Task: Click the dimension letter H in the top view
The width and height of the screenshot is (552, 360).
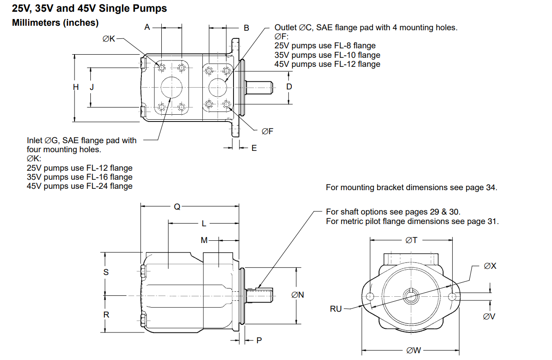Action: click(76, 87)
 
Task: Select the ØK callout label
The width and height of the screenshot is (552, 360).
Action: click(109, 39)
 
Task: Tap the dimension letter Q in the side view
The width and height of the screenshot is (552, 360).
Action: click(177, 207)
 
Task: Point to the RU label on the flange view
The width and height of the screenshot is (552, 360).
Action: click(336, 309)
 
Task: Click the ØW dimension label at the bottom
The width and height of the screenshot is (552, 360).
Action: click(414, 350)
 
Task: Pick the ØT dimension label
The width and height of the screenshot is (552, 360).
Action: click(412, 240)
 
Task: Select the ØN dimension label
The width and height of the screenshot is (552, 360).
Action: click(298, 295)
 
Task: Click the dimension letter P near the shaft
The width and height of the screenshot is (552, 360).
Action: click(259, 340)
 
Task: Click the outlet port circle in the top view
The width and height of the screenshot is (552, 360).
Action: click(218, 87)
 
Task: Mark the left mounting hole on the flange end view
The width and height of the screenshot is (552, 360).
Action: click(370, 296)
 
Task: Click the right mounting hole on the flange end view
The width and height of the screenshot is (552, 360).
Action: click(454, 296)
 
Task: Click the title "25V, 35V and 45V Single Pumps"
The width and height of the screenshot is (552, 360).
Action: click(89, 8)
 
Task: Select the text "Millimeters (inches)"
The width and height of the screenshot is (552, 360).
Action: click(55, 23)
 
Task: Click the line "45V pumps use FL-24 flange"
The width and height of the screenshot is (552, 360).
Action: click(80, 186)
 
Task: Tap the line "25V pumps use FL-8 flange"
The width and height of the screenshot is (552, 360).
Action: click(325, 46)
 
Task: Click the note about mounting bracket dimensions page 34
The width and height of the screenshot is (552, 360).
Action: click(411, 187)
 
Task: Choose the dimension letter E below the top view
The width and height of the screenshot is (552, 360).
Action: click(254, 148)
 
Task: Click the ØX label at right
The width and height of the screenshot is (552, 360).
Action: click(490, 266)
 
